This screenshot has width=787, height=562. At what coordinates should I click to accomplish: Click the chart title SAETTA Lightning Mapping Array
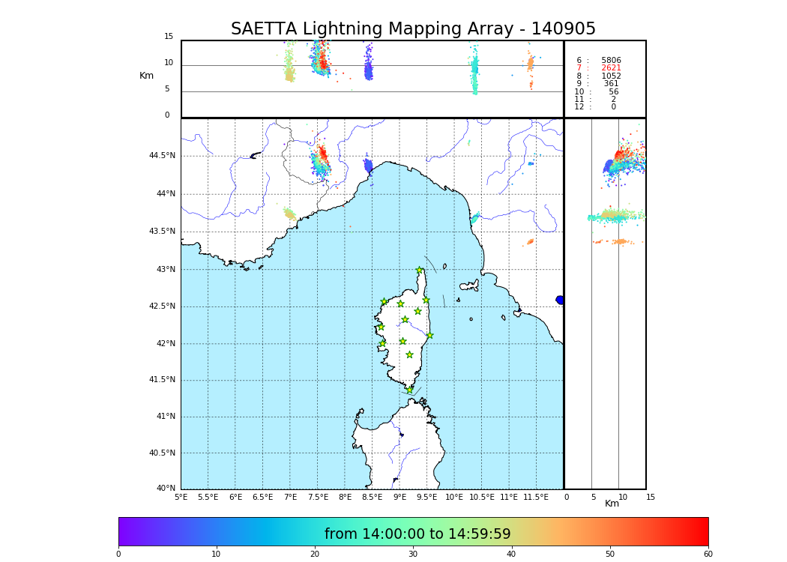413,29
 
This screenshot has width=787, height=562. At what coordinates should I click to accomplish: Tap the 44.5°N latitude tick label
162,156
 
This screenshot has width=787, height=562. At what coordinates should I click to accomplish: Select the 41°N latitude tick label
165,417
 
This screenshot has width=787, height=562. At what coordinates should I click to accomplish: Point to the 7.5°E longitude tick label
318,497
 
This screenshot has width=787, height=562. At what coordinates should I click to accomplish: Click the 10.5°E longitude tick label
481,497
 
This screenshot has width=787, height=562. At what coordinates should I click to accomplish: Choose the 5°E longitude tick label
181,497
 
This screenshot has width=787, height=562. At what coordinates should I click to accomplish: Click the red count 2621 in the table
611,68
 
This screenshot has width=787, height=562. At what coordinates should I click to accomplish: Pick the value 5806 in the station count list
611,60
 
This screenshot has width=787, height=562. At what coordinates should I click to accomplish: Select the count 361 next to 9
611,84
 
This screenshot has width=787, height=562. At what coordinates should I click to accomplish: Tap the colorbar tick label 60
708,555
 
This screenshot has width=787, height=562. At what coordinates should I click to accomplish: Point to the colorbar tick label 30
413,555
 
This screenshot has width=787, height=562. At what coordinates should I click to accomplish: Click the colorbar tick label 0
118,555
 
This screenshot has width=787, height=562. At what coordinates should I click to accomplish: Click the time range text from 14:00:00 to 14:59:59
417,534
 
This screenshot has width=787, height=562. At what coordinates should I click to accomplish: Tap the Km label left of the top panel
146,76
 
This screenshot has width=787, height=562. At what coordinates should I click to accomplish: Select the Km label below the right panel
612,504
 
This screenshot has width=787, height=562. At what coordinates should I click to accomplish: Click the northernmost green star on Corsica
419,270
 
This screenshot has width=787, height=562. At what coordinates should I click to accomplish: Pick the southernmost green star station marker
409,390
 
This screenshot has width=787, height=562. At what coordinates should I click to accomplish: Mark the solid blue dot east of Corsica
559,300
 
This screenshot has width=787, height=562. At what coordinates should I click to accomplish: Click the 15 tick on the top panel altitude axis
169,37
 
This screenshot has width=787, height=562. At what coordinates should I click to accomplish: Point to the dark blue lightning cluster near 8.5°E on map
367,164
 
